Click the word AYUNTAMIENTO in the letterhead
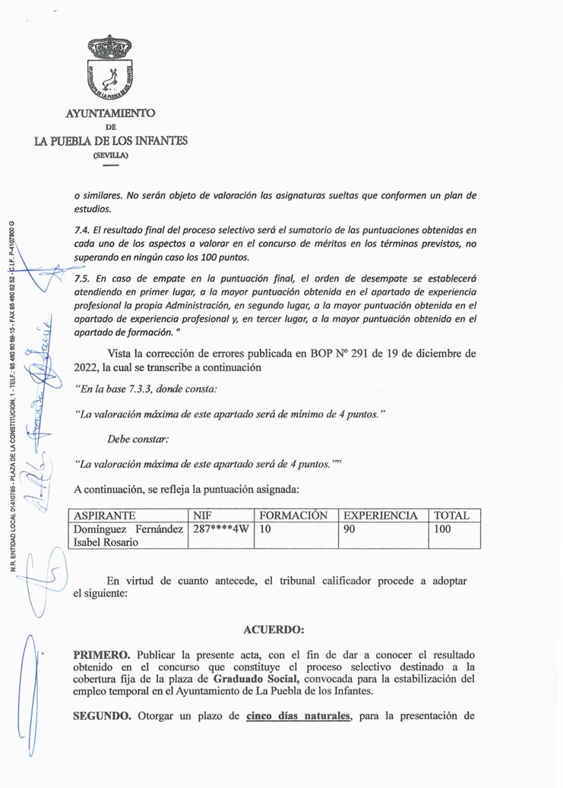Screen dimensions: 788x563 111,113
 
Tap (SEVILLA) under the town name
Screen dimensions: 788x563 111,155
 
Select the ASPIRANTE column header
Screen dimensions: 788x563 105,515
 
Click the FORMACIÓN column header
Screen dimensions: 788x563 293,515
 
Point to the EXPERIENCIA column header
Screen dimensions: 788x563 381,515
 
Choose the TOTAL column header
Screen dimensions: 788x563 451,515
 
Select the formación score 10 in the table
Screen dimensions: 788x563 265,529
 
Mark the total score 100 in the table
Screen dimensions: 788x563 442,529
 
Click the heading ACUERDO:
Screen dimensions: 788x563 274,629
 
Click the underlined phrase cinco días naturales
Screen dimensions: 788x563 299,715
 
